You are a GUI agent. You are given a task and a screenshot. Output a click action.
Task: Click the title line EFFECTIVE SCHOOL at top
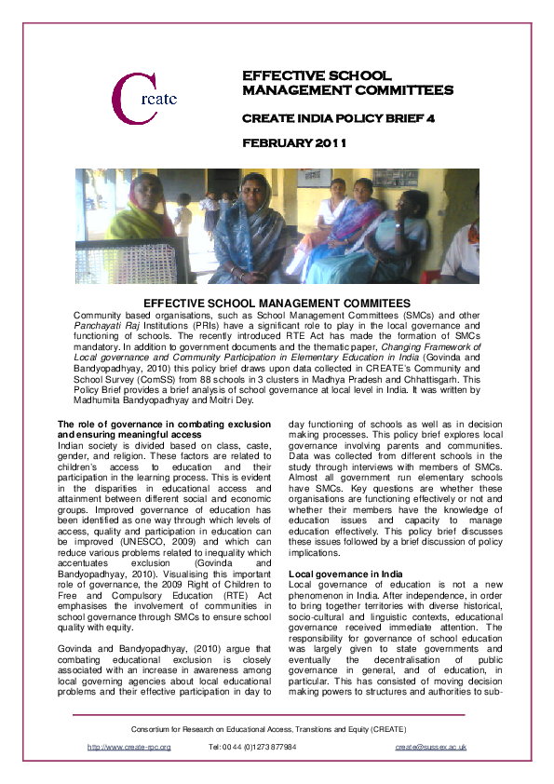click(317, 74)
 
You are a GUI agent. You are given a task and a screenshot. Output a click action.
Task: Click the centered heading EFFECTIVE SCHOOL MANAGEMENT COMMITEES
click(277, 304)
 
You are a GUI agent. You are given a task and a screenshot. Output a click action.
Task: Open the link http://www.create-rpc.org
click(129, 747)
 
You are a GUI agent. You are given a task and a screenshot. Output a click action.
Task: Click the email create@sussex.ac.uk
click(430, 747)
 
